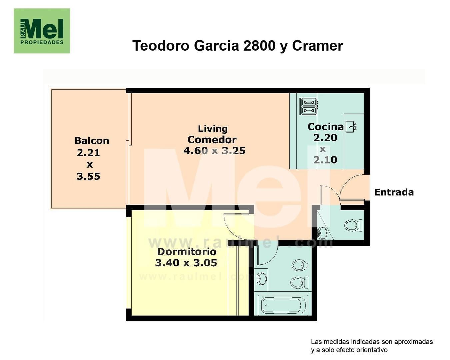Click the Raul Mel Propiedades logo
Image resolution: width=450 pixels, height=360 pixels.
click(x=42, y=31)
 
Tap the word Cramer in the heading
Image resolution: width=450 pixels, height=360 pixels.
click(x=317, y=46)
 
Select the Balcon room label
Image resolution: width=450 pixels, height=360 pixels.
click(x=92, y=141)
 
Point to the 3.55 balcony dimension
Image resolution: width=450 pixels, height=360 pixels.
click(x=88, y=176)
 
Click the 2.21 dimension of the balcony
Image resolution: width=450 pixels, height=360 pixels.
click(x=88, y=153)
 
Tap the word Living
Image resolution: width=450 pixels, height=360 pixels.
click(x=213, y=129)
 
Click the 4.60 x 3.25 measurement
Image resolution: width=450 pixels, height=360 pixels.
click(x=214, y=151)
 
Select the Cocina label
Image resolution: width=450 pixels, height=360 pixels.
click(x=325, y=127)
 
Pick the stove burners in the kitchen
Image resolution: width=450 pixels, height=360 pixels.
click(x=309, y=106)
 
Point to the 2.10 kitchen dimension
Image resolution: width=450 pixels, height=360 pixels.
click(x=325, y=160)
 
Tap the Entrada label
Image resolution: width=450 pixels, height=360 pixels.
click(x=394, y=192)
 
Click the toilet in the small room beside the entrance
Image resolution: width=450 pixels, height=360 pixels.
click(x=353, y=225)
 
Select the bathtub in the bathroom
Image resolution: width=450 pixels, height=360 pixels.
click(x=283, y=305)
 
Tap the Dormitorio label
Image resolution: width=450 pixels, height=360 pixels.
click(x=187, y=252)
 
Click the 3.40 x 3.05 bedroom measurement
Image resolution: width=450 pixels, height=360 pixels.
click(x=186, y=263)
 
